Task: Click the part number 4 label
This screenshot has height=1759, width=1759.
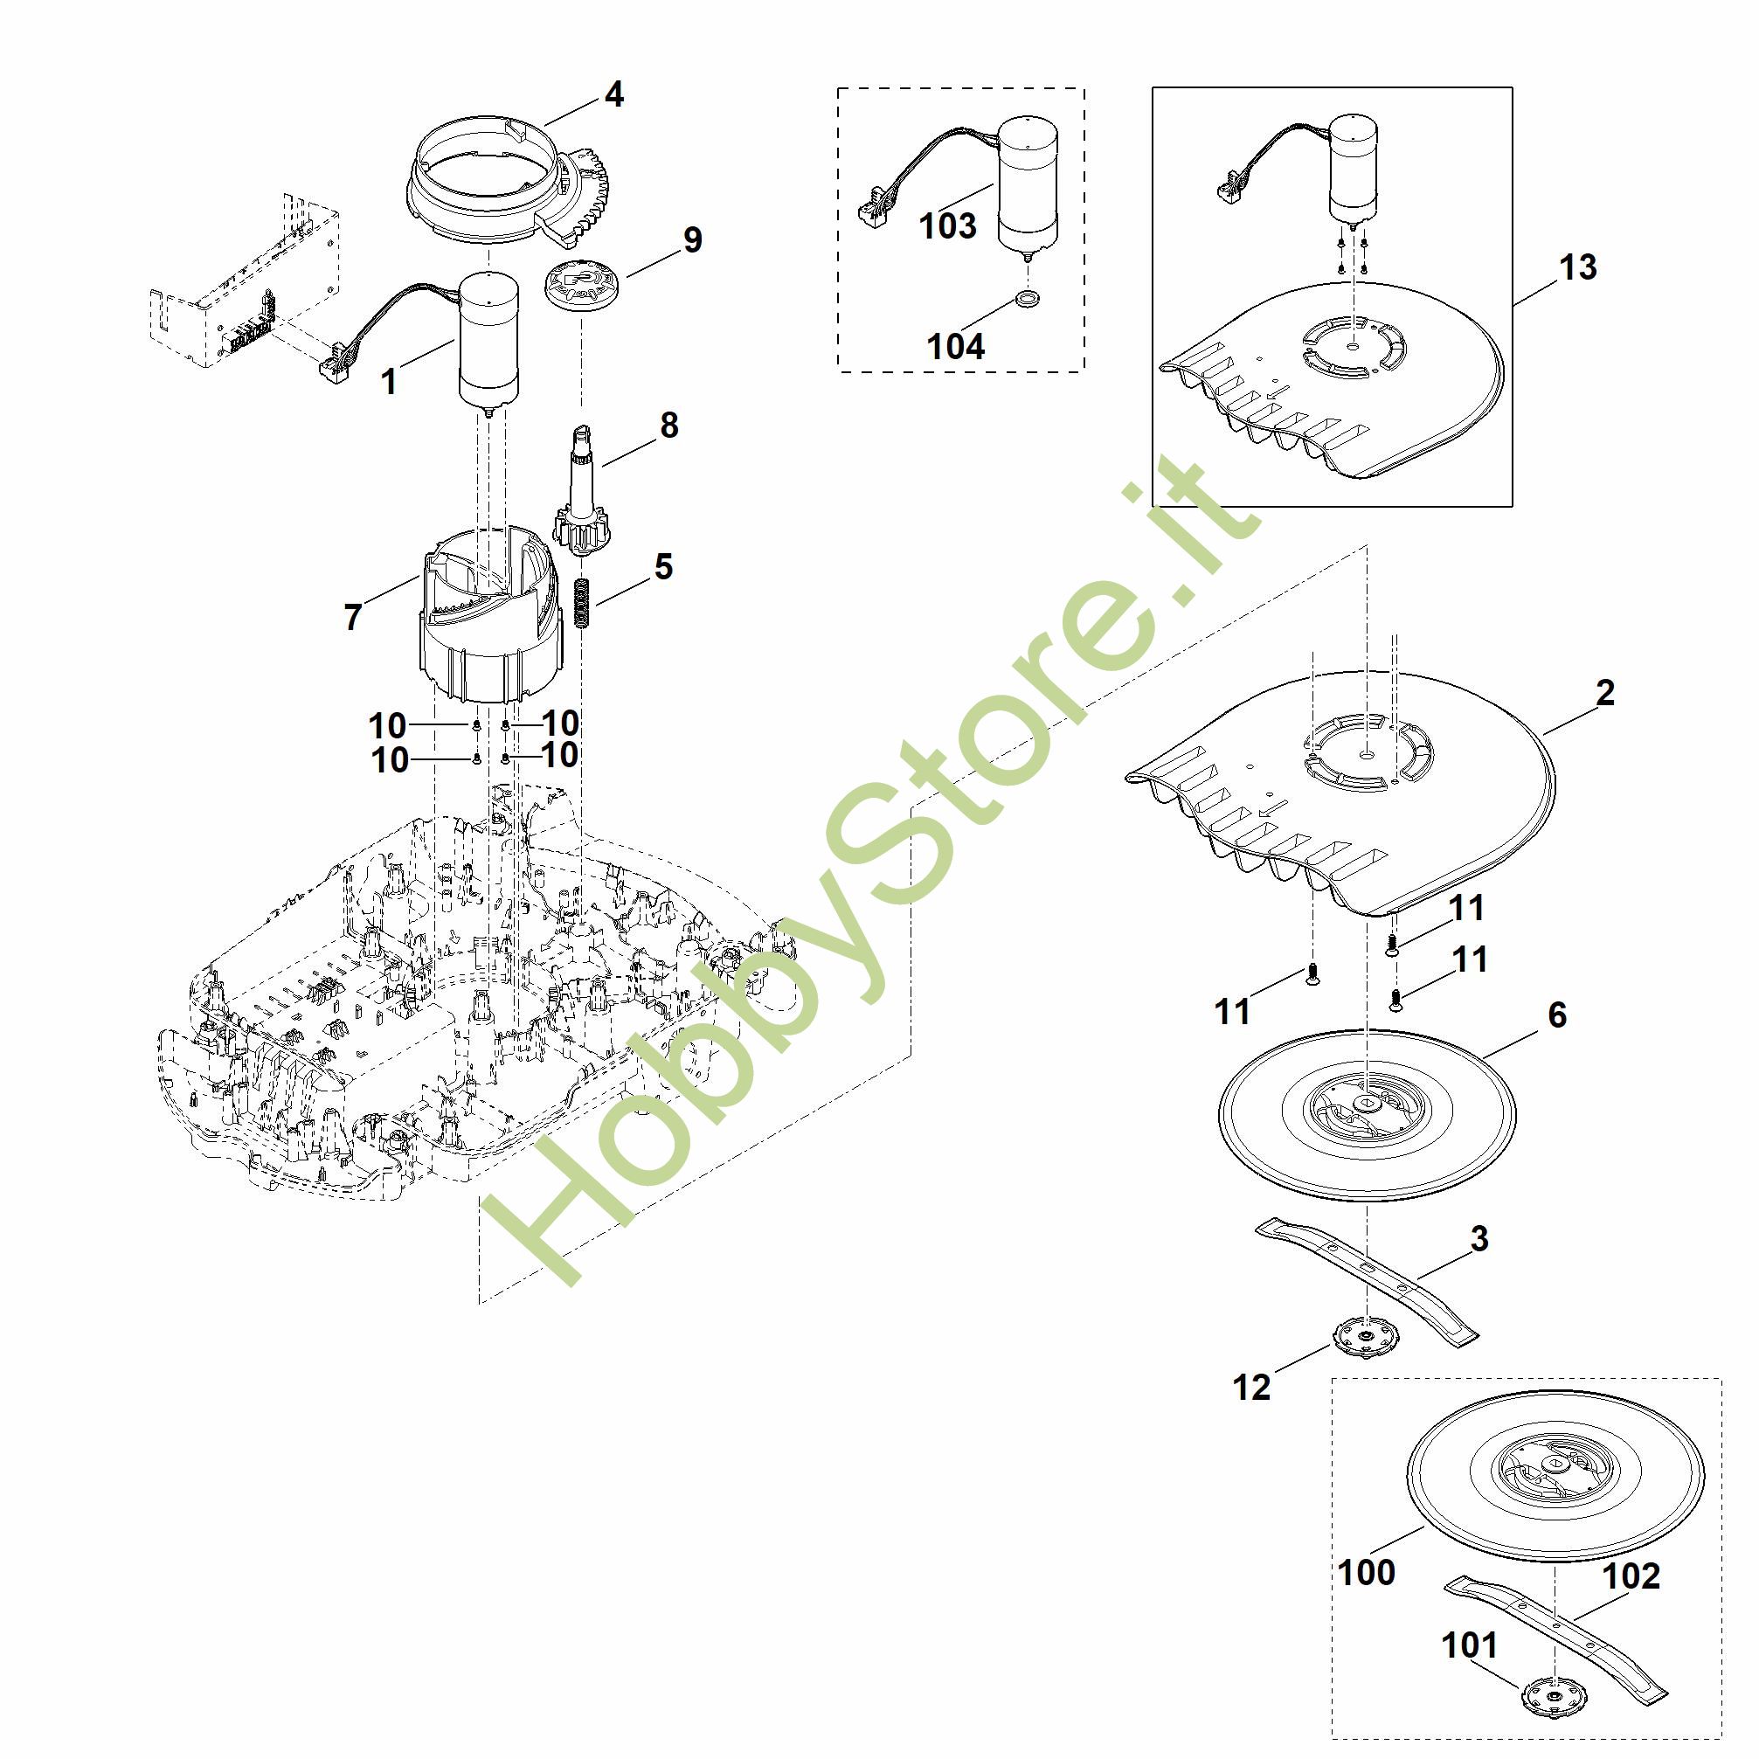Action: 614,94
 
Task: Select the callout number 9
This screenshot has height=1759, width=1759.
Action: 693,240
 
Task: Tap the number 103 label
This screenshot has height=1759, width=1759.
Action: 948,225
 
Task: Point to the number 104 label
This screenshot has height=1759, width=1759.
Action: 955,346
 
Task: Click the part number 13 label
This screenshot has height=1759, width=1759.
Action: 1578,267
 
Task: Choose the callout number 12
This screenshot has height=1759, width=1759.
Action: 1251,1388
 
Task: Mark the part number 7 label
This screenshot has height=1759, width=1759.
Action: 353,617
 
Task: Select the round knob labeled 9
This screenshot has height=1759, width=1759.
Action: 579,284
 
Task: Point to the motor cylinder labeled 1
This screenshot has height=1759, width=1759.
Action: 489,342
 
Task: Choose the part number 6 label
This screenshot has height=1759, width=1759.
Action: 1557,1015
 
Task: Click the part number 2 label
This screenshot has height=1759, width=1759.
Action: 1605,694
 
